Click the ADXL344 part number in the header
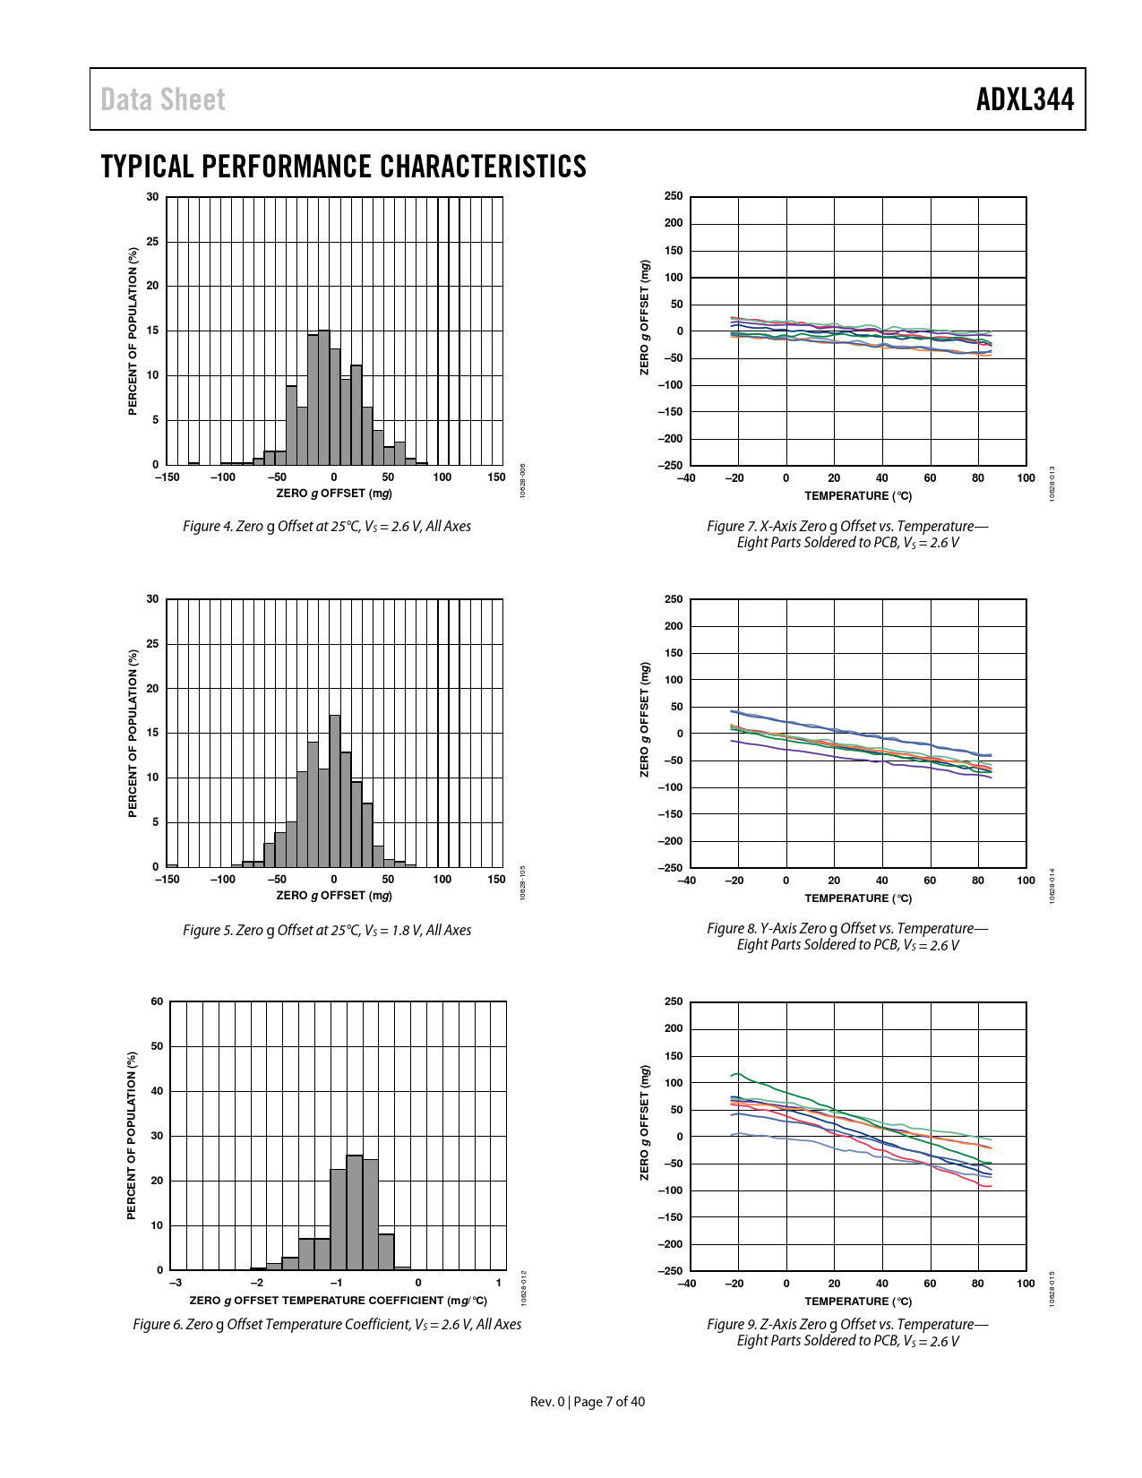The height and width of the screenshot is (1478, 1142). [1025, 99]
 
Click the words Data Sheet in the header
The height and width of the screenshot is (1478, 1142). [163, 99]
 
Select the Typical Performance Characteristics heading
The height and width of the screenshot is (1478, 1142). [344, 167]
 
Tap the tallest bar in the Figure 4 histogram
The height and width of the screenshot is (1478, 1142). [324, 398]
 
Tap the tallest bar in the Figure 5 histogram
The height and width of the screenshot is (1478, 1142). [335, 791]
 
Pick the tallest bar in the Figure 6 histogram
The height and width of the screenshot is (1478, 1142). [355, 1213]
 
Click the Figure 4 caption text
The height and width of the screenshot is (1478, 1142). [327, 527]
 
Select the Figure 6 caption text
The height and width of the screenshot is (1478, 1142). [327, 1324]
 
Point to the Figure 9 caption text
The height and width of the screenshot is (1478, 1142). [847, 1332]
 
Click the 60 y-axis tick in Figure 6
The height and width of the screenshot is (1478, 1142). [158, 1001]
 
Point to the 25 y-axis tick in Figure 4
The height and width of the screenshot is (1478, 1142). [153, 242]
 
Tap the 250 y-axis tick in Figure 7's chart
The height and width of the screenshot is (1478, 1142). [674, 197]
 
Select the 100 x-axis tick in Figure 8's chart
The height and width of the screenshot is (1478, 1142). [1026, 881]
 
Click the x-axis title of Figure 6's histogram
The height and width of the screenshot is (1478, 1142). [339, 1301]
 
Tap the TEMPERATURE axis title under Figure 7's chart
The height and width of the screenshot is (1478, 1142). [857, 496]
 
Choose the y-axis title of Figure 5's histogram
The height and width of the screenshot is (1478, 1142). [133, 733]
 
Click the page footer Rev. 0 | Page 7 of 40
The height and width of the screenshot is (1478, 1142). [588, 1402]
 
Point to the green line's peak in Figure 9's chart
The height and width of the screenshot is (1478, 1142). [737, 1073]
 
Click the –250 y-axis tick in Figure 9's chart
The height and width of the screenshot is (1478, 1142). [671, 1271]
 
